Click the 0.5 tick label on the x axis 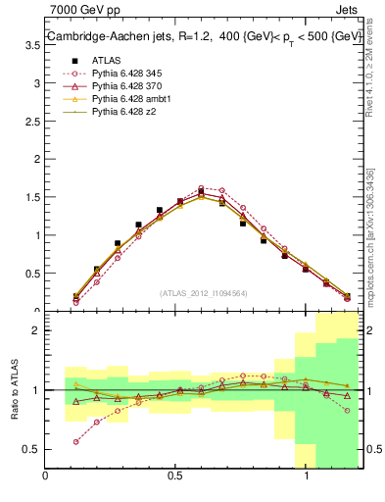(x=176, y=477)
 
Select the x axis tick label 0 (x=46, y=477)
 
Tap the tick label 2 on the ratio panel (x=36, y=330)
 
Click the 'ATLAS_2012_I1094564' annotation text (x=203, y=292)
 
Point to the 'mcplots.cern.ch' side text (x=372, y=265)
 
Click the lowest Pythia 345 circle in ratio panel (x=76, y=442)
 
